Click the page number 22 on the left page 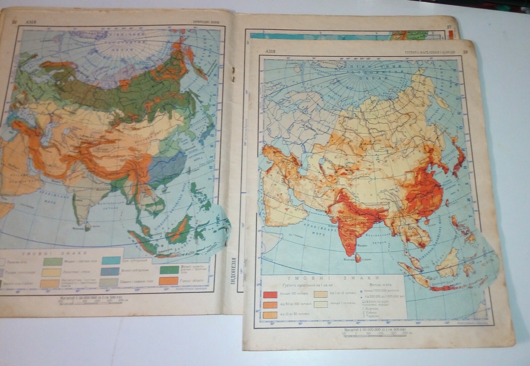tap(14, 22)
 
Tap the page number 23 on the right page tap(465, 52)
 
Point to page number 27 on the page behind tap(449, 27)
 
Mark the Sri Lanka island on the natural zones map tap(88, 227)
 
